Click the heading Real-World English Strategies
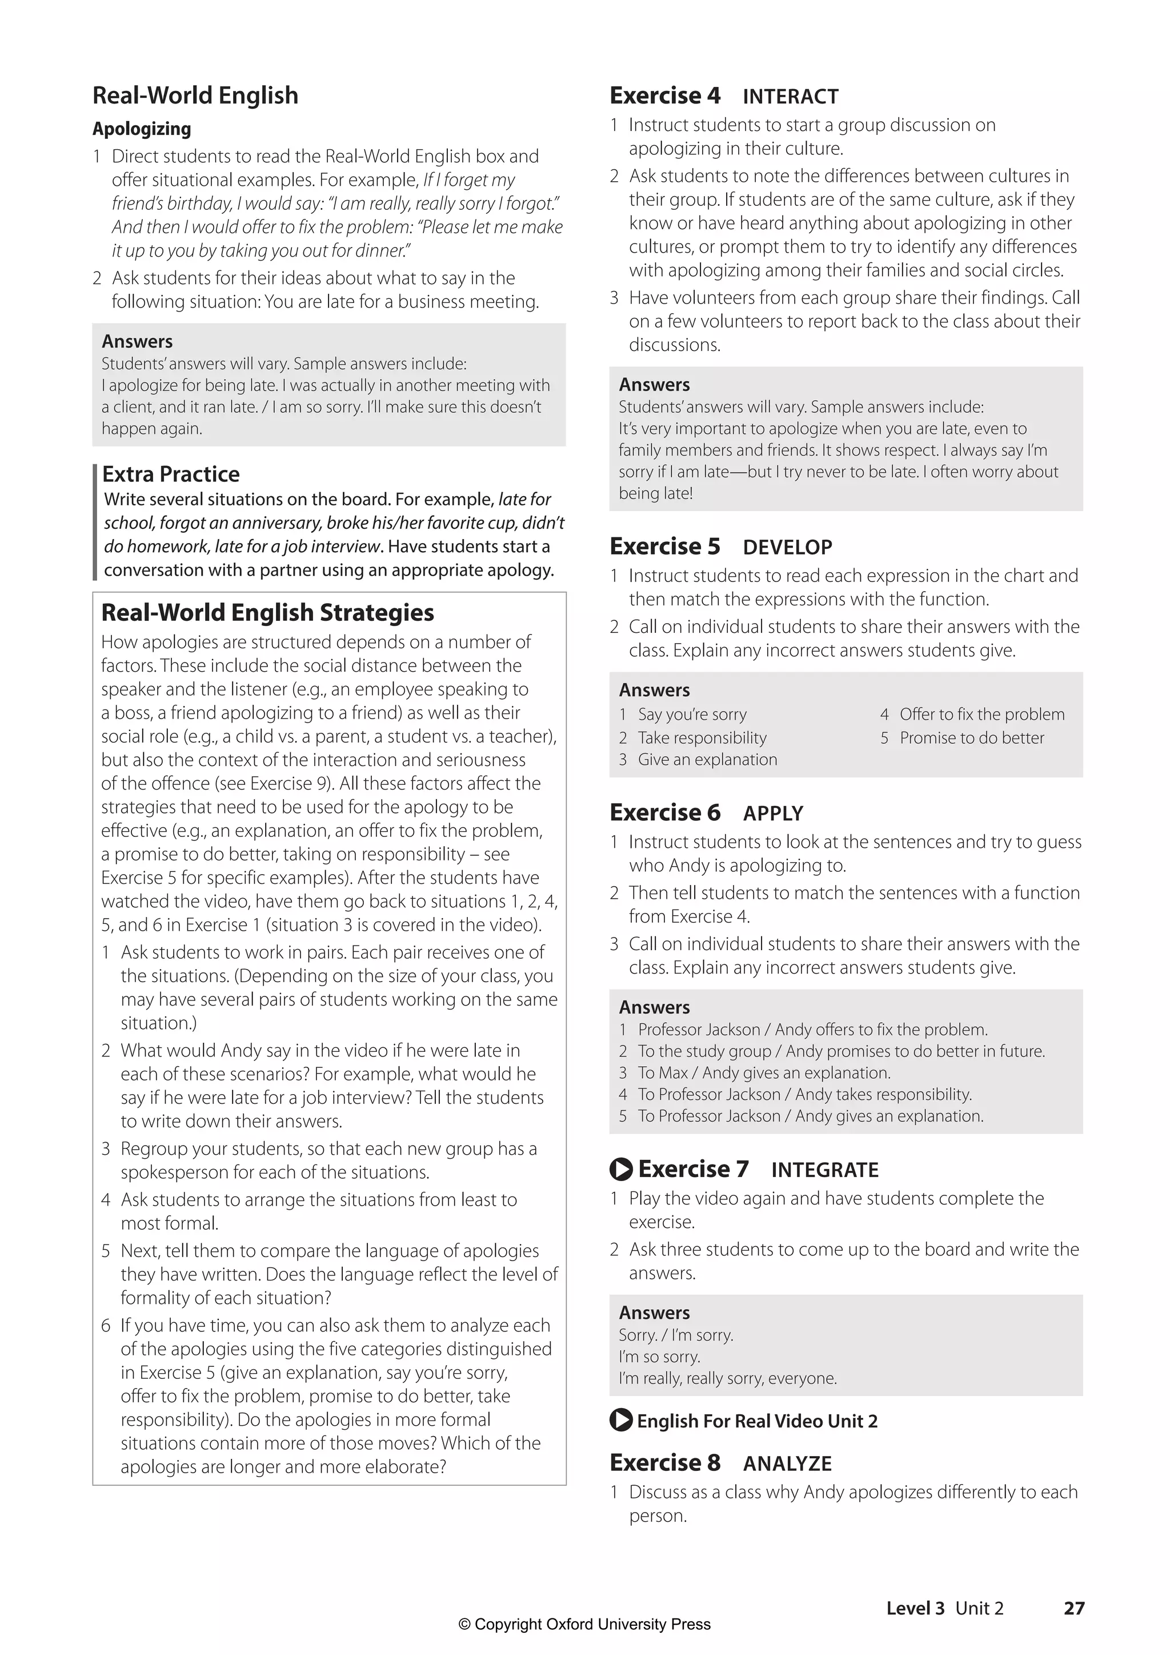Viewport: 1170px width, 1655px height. (x=267, y=613)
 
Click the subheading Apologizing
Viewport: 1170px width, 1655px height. (x=142, y=129)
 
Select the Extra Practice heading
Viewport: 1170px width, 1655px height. (x=171, y=474)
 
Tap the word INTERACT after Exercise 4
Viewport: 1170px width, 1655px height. (x=790, y=97)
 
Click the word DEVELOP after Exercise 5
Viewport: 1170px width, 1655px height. (x=787, y=547)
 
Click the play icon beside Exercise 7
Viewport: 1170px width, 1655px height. (x=620, y=1169)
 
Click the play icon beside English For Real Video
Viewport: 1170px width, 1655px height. (x=620, y=1421)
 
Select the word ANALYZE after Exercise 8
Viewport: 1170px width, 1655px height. (x=787, y=1463)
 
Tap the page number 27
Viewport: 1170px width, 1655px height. (x=1073, y=1608)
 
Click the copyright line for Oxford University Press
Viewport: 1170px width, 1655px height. (x=584, y=1625)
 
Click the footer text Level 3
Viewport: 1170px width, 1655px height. (x=915, y=1608)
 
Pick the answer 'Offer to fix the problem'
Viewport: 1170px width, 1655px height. (x=981, y=715)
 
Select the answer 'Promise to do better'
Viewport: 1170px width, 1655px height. (x=971, y=738)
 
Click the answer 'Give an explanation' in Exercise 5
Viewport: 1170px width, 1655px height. (x=707, y=760)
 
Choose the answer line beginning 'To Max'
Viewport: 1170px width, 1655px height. (x=764, y=1072)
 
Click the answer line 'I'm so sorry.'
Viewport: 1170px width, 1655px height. (x=659, y=1357)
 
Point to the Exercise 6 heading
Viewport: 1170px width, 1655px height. (x=664, y=812)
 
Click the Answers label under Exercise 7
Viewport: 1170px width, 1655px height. (x=654, y=1313)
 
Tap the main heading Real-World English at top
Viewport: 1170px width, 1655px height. (x=195, y=95)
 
